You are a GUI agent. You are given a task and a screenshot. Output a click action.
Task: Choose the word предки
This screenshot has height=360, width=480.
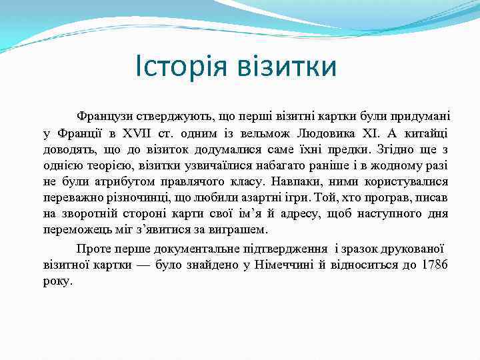pos(346,149)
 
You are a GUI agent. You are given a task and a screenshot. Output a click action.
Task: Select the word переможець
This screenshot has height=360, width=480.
pos(75,230)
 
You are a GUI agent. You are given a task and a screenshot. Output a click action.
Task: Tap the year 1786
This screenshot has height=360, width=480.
pos(434,265)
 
